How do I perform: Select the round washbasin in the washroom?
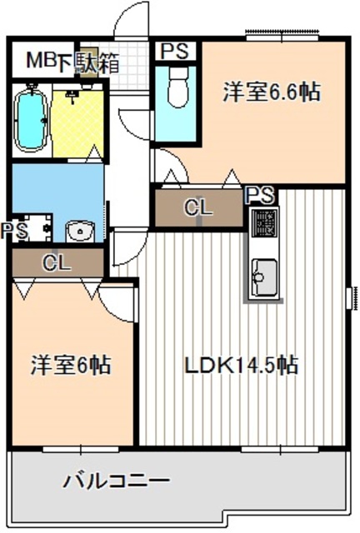[x=80, y=229]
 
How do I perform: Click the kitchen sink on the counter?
[x=266, y=273]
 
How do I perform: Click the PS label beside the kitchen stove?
[x=261, y=196]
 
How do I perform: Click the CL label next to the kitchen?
[x=198, y=208]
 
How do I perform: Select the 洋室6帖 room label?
[x=72, y=365]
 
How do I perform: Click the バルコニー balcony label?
[x=117, y=481]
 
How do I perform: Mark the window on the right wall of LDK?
[x=352, y=296]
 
